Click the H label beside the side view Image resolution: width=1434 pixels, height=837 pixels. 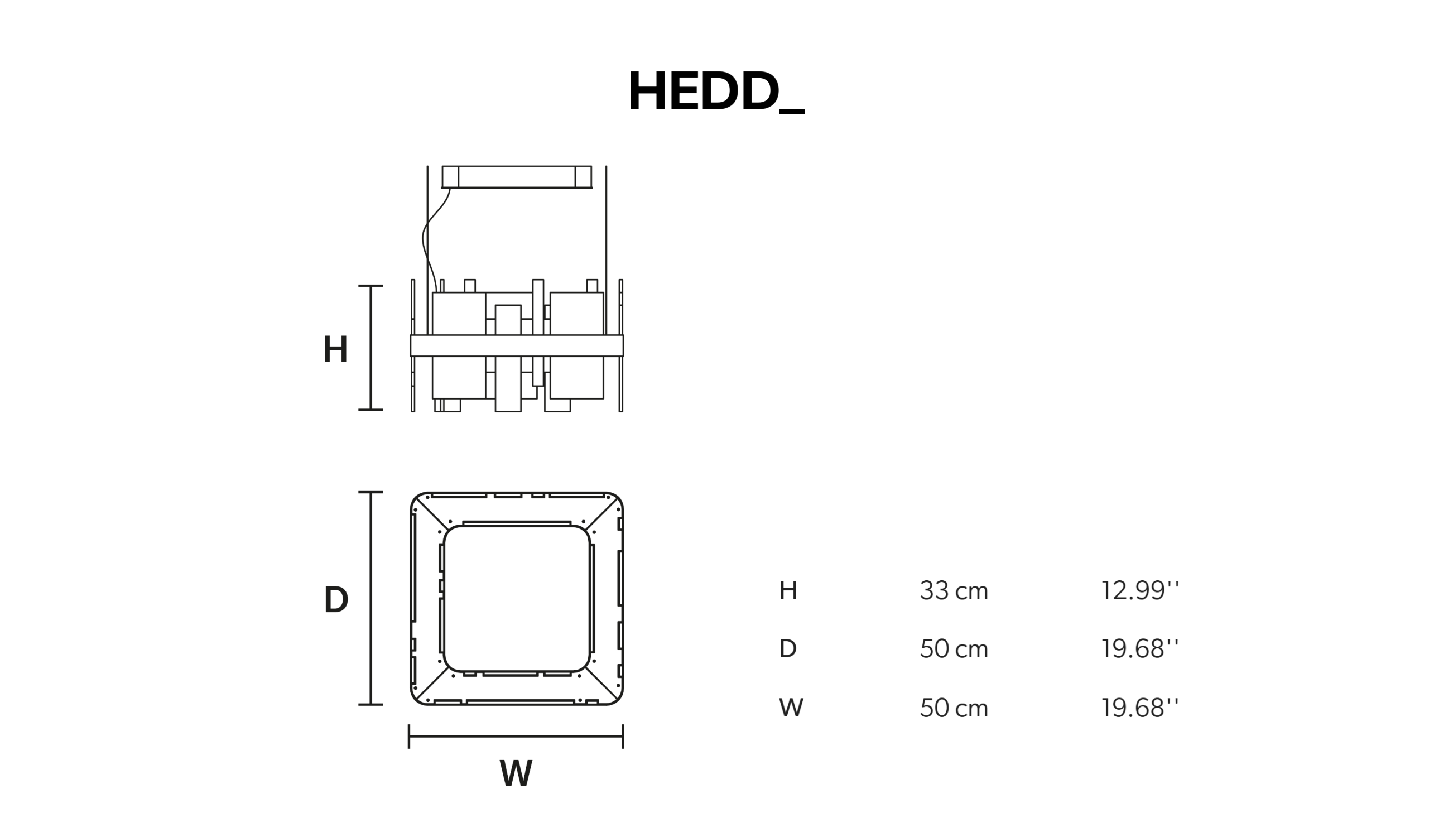pyautogui.click(x=335, y=349)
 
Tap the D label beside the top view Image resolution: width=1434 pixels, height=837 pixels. pyautogui.click(x=336, y=600)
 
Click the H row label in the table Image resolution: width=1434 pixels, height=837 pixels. pyautogui.click(x=788, y=590)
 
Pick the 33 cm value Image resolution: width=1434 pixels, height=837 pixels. pyautogui.click(x=954, y=590)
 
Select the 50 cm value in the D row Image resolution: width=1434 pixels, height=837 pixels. pyautogui.click(x=954, y=648)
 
